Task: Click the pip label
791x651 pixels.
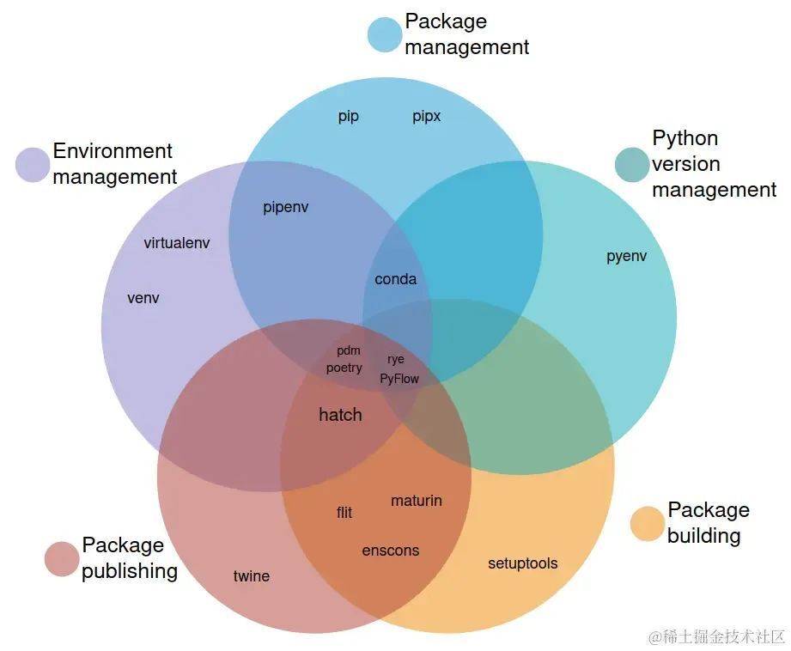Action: [x=348, y=117]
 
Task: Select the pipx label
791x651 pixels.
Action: [x=426, y=117]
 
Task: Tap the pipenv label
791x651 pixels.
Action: [x=285, y=208]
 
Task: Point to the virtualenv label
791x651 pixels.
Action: [x=177, y=243]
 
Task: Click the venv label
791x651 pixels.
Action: [x=143, y=298]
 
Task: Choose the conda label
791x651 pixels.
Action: [x=395, y=279]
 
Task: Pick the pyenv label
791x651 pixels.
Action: [x=627, y=256]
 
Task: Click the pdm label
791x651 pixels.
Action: [x=349, y=350]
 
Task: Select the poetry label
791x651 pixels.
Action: [x=344, y=368]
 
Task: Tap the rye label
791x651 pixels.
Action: [x=395, y=359]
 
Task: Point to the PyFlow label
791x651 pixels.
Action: [x=399, y=379]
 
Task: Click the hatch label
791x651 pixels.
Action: [x=340, y=414]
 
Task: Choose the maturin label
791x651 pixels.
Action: [x=417, y=501]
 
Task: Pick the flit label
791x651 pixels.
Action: [x=344, y=513]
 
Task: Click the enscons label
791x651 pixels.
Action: [x=391, y=551]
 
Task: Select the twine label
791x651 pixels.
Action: [x=252, y=575]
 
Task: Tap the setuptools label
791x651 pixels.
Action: [x=523, y=563]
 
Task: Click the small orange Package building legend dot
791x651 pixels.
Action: [x=648, y=524]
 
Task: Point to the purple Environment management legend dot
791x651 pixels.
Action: [x=33, y=165]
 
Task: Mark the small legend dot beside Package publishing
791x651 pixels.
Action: [x=62, y=559]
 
